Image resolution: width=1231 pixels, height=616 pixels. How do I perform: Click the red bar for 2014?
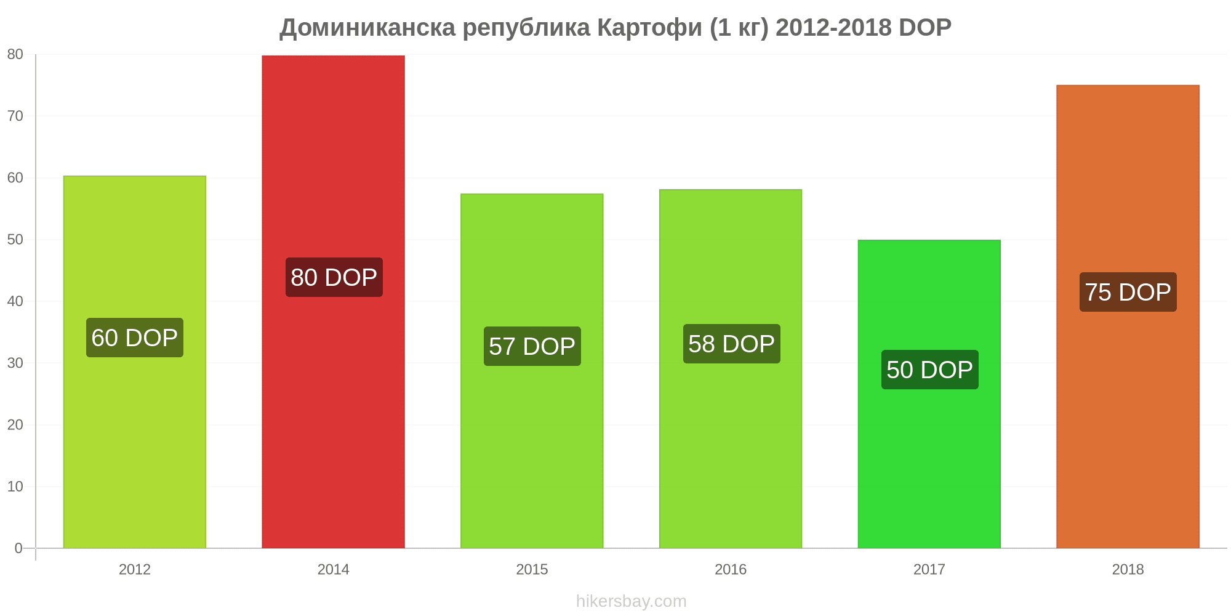tap(333, 302)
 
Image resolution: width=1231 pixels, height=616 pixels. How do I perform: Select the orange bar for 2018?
tap(1128, 317)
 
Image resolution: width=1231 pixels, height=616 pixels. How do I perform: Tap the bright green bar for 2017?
tap(929, 394)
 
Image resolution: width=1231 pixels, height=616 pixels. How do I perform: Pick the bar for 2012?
tap(135, 362)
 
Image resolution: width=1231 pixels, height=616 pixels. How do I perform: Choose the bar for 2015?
tap(532, 371)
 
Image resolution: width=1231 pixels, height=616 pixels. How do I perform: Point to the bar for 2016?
tap(731, 369)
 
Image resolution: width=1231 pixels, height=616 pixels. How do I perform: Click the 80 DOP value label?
tap(334, 277)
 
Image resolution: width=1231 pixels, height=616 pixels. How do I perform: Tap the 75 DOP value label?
tap(1128, 292)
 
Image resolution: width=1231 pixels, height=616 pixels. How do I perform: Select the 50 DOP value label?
tap(930, 370)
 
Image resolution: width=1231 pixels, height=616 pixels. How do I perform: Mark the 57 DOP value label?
tap(532, 346)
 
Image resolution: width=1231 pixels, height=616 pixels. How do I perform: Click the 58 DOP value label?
tap(732, 344)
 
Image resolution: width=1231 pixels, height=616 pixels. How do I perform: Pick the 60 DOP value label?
tap(135, 338)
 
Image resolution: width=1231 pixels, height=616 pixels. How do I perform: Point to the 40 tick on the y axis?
tap(15, 301)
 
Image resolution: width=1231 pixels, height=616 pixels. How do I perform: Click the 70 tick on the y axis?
tap(15, 116)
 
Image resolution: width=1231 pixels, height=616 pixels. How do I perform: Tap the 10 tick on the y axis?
tap(15, 487)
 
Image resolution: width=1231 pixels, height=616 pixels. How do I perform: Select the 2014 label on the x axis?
tap(333, 569)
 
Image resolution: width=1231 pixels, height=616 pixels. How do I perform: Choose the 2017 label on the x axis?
tap(929, 569)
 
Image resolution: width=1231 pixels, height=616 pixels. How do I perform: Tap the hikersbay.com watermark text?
tap(632, 601)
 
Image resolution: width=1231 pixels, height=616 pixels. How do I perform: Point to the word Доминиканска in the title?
tap(367, 28)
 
